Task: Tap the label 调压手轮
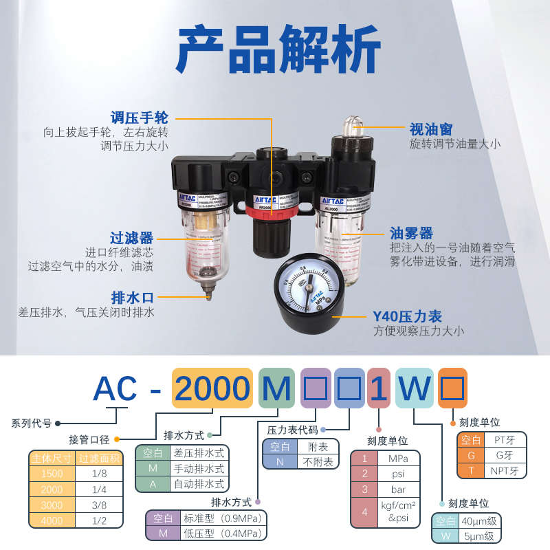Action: [140, 118]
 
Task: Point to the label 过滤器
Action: [131, 238]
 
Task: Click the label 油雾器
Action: [411, 233]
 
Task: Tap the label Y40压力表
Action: [407, 316]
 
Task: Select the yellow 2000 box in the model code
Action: [212, 388]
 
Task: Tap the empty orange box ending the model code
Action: [453, 388]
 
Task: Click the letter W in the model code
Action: [415, 388]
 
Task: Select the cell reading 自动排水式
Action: [197, 484]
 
